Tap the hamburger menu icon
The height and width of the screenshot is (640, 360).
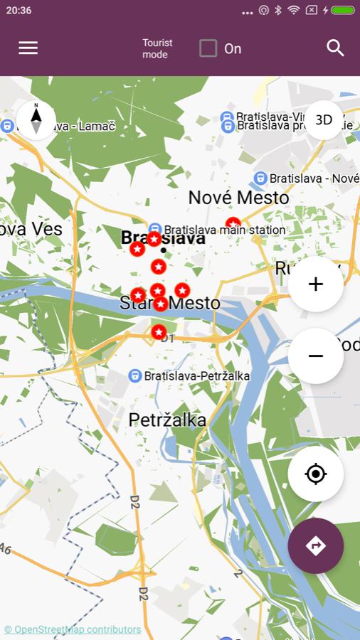(28, 48)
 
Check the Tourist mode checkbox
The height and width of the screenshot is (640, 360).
(208, 48)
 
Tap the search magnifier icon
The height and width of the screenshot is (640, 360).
(335, 48)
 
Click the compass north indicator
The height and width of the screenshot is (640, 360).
(36, 119)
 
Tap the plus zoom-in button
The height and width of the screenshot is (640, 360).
(316, 284)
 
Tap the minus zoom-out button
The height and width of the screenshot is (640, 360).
(316, 356)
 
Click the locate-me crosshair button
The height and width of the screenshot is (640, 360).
(316, 474)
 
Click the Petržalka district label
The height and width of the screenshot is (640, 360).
(167, 420)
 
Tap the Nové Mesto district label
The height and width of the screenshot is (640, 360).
(238, 198)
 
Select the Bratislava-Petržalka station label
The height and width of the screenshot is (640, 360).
(197, 375)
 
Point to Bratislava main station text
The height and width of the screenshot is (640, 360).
(224, 230)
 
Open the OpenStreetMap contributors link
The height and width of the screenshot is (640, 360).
(73, 629)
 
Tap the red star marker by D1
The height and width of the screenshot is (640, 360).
(159, 332)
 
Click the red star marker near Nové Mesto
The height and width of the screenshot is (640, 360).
(233, 224)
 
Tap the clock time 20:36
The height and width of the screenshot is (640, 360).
(18, 11)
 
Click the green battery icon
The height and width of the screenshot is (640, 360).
(342, 11)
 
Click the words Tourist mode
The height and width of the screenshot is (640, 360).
(157, 48)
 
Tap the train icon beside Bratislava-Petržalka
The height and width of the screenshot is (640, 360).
(134, 375)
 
